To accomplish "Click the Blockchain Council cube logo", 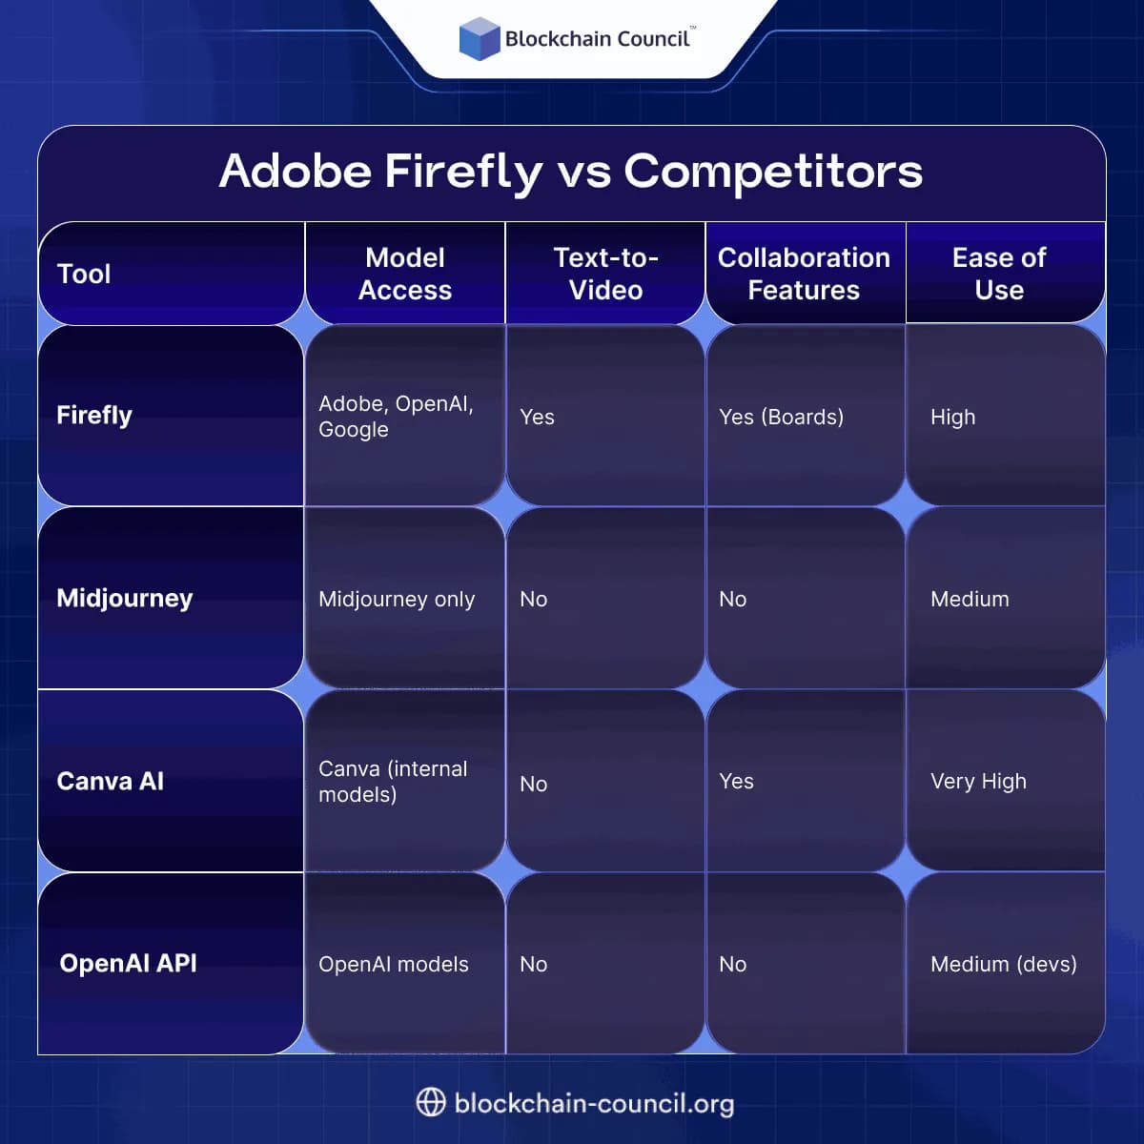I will pyautogui.click(x=480, y=39).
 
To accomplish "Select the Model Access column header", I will pyautogui.click(x=405, y=274).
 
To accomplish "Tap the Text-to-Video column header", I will pyautogui.click(x=605, y=274).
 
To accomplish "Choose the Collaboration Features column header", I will pyautogui.click(x=804, y=274).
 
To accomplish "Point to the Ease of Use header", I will pyautogui.click(x=999, y=274).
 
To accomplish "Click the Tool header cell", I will pyautogui.click(x=84, y=275).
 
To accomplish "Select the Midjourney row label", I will pyautogui.click(x=125, y=598).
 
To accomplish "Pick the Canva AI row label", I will pyautogui.click(x=111, y=781).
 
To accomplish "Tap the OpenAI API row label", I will pyautogui.click(x=129, y=963).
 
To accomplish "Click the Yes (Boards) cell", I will pyautogui.click(x=782, y=417).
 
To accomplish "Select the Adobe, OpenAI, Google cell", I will pyautogui.click(x=396, y=417).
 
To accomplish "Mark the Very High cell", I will pyautogui.click(x=978, y=781).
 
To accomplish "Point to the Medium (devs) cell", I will pyautogui.click(x=1004, y=964).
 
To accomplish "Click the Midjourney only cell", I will pyautogui.click(x=397, y=599).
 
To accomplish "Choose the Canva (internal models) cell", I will pyautogui.click(x=393, y=781).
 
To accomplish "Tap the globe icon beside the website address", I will pyautogui.click(x=431, y=1102).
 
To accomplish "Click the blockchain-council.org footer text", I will pyautogui.click(x=594, y=1103).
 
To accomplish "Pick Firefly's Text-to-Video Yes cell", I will pyautogui.click(x=538, y=417).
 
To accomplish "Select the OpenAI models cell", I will pyautogui.click(x=394, y=964).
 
